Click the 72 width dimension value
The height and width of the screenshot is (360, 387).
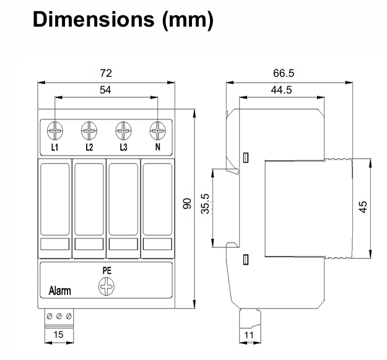107,73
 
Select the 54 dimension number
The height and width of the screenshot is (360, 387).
107,89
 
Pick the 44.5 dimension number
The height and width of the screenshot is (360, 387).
282,89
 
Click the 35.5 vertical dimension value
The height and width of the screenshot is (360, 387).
205,204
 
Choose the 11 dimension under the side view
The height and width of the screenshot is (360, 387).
249,335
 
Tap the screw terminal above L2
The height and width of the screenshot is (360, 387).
89,131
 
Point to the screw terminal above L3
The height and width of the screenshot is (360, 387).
124,131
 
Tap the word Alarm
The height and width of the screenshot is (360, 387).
60,291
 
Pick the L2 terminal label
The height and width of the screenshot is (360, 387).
89,147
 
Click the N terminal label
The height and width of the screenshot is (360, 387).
159,147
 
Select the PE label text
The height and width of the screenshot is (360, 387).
107,270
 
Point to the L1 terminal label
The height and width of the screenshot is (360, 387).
54,147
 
